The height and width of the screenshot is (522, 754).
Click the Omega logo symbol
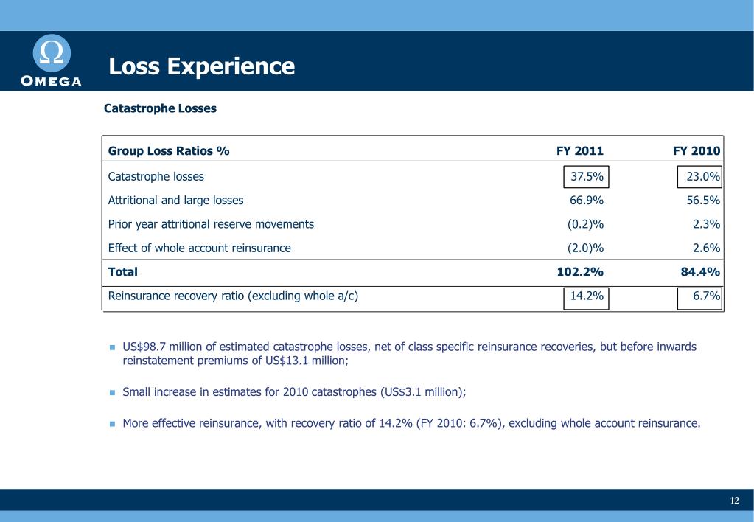pos(52,53)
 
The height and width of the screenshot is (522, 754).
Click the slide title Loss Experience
pos(201,66)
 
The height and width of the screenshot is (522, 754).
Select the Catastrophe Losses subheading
pos(160,108)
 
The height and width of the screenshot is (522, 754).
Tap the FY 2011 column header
pos(579,151)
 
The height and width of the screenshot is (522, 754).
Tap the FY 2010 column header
pos(696,151)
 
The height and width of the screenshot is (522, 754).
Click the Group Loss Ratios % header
pos(169,151)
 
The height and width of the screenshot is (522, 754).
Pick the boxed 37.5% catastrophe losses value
pos(587,177)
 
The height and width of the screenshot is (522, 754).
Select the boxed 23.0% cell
pos(699,177)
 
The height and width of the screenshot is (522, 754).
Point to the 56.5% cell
pos(702,201)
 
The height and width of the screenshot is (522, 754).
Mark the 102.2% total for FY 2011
pos(579,272)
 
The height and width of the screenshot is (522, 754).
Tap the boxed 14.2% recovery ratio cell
pos(587,297)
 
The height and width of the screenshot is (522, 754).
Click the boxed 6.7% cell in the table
pos(700,297)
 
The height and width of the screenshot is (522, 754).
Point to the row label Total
pos(123,272)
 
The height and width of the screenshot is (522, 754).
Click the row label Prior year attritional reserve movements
pos(211,224)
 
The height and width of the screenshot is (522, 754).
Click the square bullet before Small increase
pos(113,393)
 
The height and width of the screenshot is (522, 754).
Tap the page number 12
pos(734,501)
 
